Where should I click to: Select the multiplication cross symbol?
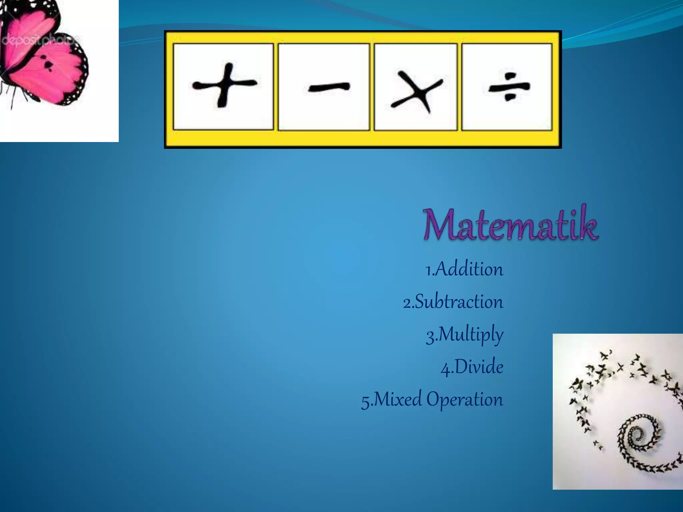(x=417, y=92)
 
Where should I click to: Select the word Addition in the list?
(x=469, y=269)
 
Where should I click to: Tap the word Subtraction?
(x=459, y=302)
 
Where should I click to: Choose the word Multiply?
(x=470, y=335)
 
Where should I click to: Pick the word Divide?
(x=479, y=367)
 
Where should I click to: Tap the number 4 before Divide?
(x=445, y=369)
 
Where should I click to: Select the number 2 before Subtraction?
(x=407, y=303)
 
